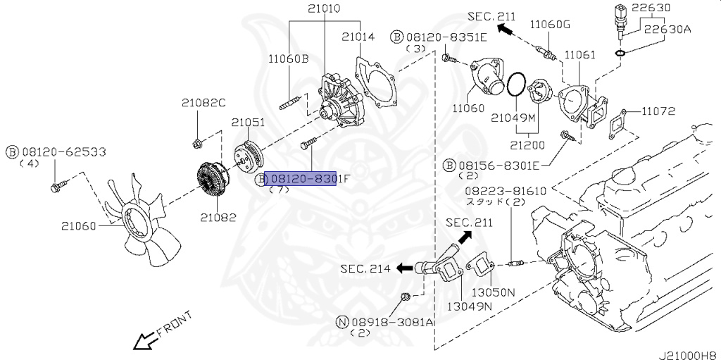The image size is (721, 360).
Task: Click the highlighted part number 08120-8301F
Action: point(302,179)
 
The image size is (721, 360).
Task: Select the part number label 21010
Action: point(323,8)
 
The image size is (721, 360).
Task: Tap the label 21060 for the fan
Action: point(78,225)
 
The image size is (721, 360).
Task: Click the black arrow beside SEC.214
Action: point(405,268)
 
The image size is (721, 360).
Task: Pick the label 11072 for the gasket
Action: point(658,111)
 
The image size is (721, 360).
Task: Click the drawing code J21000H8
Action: point(687,354)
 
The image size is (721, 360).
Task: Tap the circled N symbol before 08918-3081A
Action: point(342,322)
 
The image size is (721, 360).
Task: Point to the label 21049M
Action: point(513,117)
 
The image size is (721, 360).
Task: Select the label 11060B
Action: point(288,59)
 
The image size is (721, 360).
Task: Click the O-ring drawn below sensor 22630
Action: point(620,52)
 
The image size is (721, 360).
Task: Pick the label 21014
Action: point(358,36)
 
